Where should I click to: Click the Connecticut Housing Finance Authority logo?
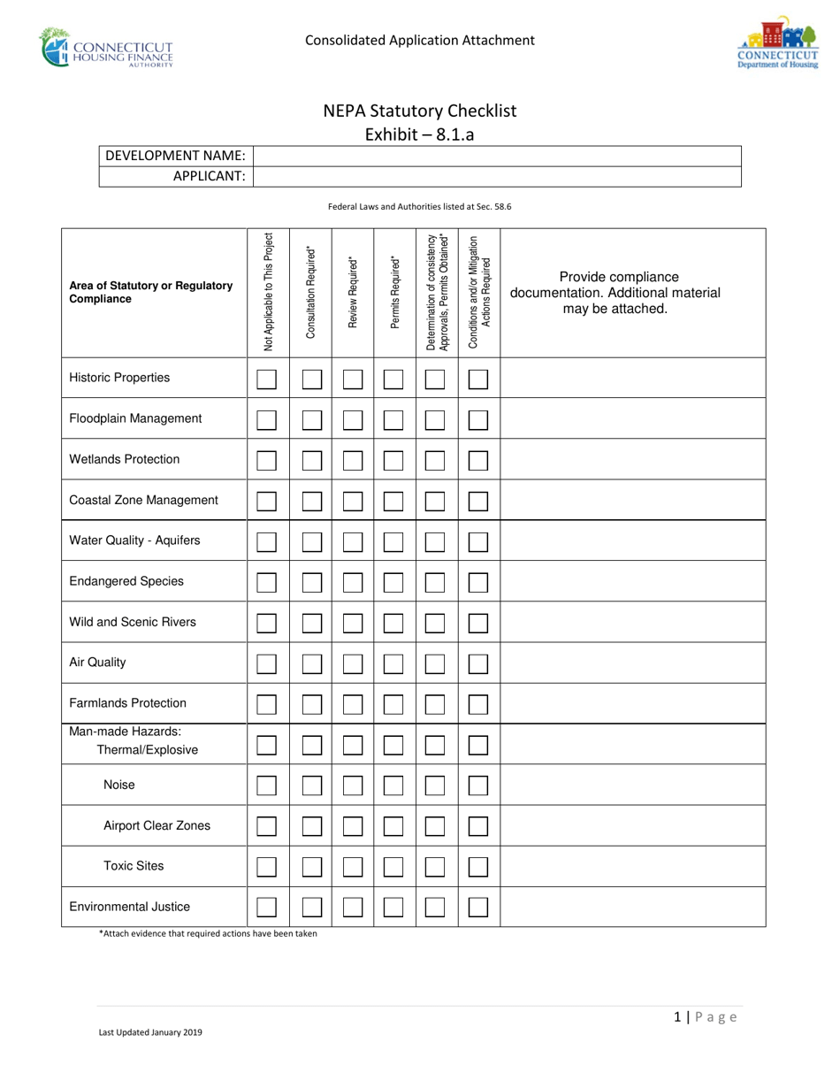(x=107, y=48)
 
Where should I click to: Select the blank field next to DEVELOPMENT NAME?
(x=497, y=157)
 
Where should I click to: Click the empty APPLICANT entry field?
(x=497, y=176)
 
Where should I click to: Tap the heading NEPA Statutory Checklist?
(x=419, y=111)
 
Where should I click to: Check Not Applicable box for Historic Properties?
(x=267, y=379)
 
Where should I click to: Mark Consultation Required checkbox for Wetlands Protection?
(x=311, y=460)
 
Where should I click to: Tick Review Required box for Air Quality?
(x=353, y=663)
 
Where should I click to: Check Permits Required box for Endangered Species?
(x=394, y=582)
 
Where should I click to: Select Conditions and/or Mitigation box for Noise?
(x=478, y=785)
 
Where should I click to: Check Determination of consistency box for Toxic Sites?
(x=435, y=867)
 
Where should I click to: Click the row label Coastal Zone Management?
(x=143, y=501)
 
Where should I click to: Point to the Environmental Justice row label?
(x=129, y=908)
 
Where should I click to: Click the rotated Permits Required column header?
(x=394, y=293)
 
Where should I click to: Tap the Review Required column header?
(x=353, y=293)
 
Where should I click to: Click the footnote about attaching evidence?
(x=208, y=934)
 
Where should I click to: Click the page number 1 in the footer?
(x=676, y=1017)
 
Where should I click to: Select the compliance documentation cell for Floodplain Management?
(x=632, y=419)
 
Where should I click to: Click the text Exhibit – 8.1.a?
(x=419, y=135)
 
